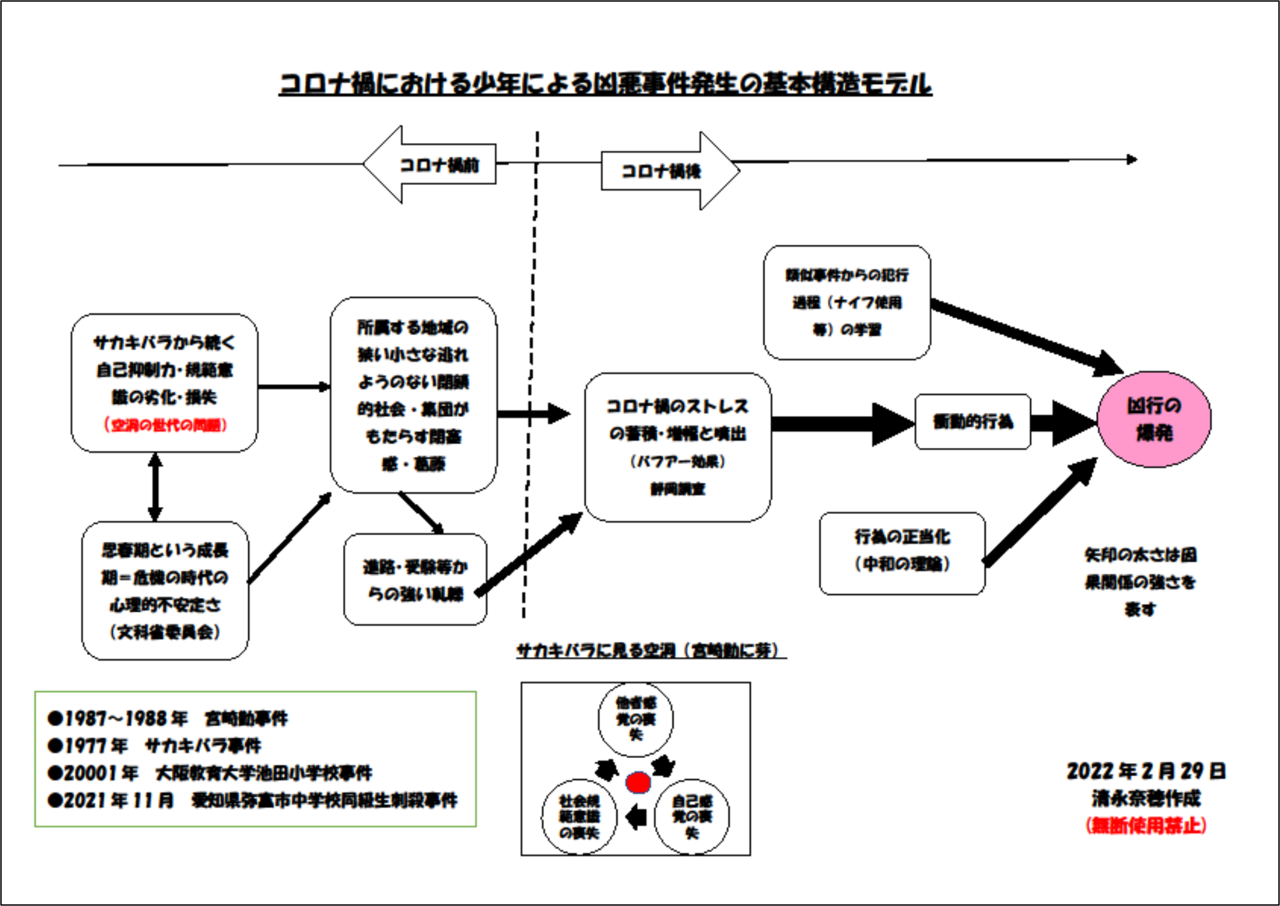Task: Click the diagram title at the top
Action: pyautogui.click(x=605, y=84)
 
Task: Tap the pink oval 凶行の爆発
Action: pyautogui.click(x=1154, y=419)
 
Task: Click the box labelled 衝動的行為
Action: pyautogui.click(x=973, y=422)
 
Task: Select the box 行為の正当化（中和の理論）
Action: pyautogui.click(x=902, y=553)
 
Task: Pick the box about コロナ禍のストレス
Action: pyautogui.click(x=677, y=447)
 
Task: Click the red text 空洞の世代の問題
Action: pyautogui.click(x=165, y=425)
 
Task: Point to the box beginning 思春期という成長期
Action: pyautogui.click(x=165, y=590)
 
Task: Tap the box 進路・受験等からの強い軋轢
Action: pyautogui.click(x=415, y=580)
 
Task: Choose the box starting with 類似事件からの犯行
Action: pyautogui.click(x=846, y=303)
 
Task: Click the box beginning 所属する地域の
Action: pyautogui.click(x=413, y=395)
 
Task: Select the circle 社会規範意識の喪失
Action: pyautogui.click(x=579, y=817)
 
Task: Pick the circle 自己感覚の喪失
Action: pyautogui.click(x=692, y=817)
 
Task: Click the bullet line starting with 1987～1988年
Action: pyautogui.click(x=167, y=719)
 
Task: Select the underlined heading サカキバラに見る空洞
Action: pyautogui.click(x=650, y=651)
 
